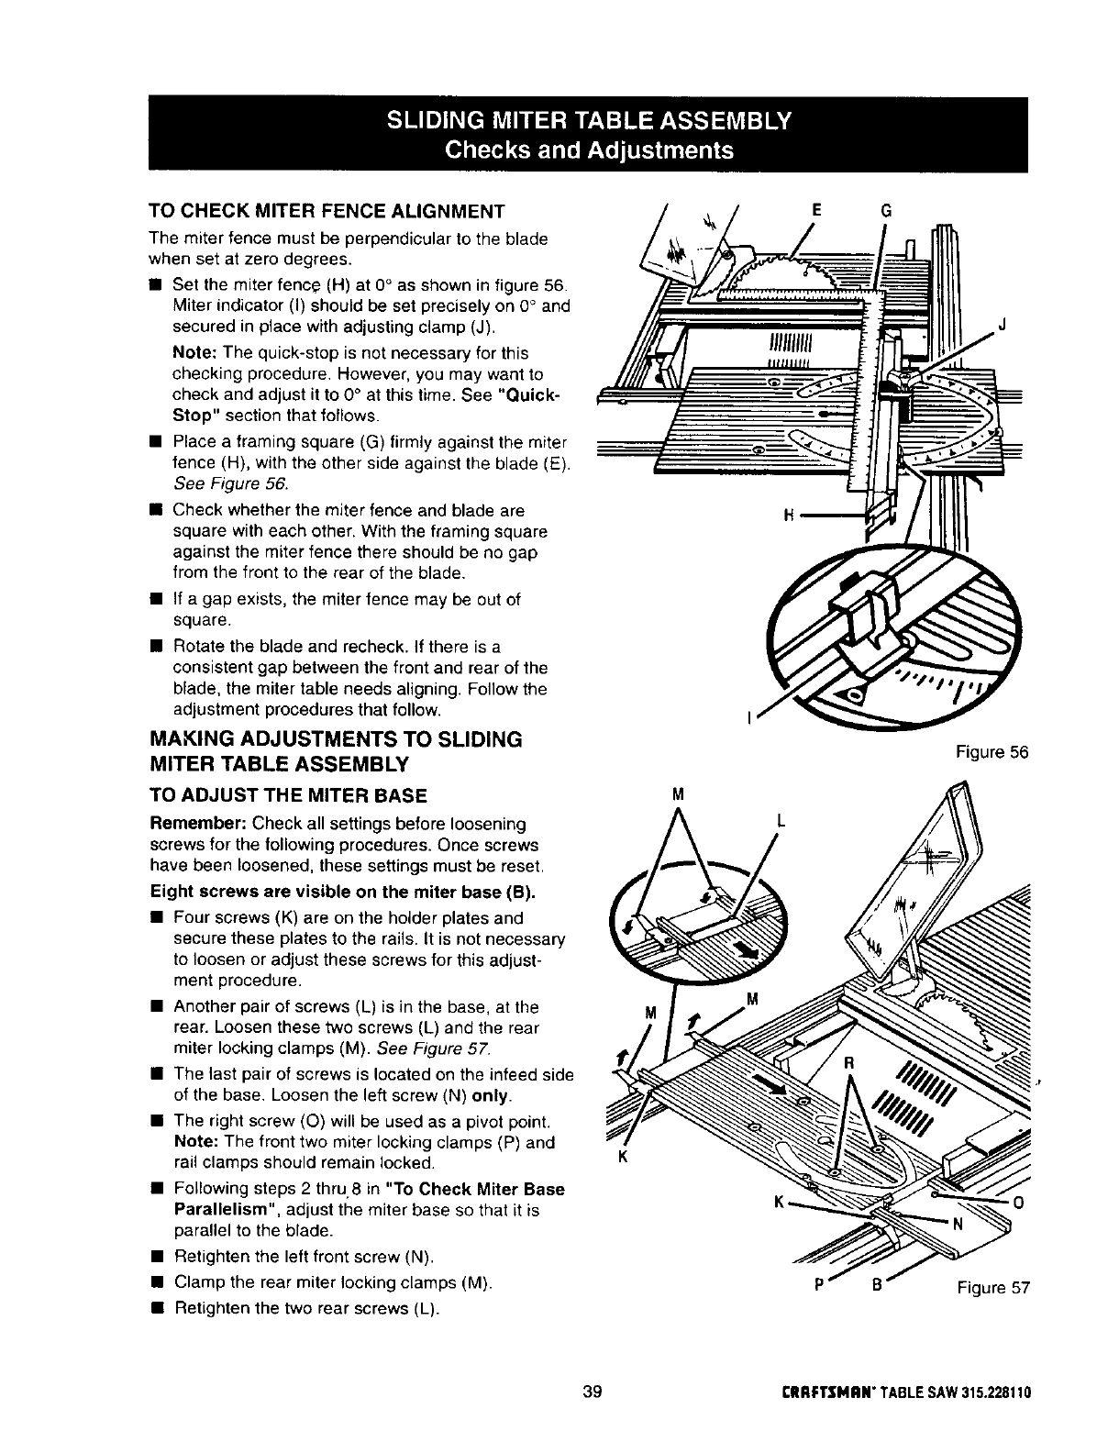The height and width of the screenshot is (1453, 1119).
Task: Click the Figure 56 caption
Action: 992,752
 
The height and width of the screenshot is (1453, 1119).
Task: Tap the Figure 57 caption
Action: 994,1287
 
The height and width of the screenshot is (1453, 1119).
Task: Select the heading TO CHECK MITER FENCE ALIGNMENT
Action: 327,212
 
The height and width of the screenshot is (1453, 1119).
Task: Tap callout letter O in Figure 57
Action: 1015,1202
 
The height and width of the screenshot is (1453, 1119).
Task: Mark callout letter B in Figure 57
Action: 877,1285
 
